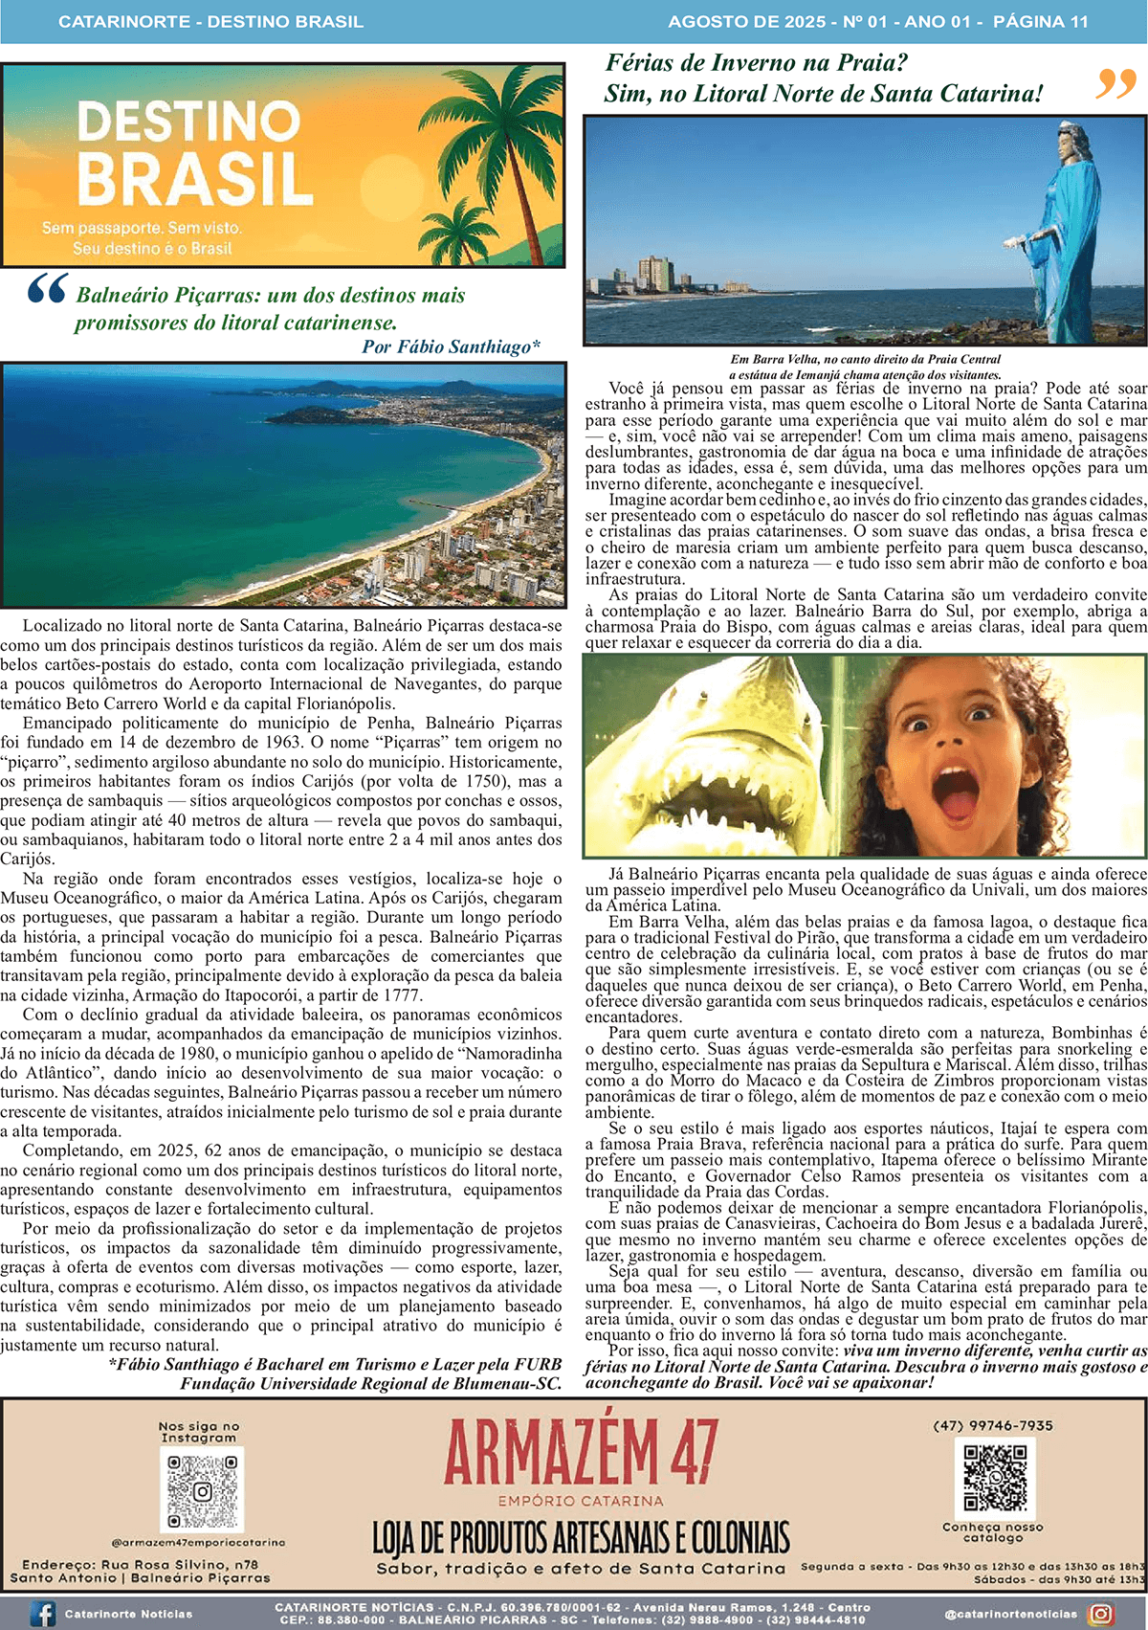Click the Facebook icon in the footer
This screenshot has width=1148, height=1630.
[x=43, y=1614]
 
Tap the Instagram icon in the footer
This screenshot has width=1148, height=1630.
[x=1101, y=1614]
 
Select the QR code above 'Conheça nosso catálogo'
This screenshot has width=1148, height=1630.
[x=995, y=1478]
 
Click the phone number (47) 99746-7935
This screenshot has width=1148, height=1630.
[x=992, y=1425]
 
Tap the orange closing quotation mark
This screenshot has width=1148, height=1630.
[x=1115, y=84]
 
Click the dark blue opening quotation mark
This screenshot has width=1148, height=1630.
[x=48, y=288]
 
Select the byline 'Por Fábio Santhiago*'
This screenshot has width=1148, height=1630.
[x=451, y=346]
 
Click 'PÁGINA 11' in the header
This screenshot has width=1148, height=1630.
[x=1040, y=21]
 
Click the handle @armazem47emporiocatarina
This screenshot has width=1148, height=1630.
[x=198, y=1542]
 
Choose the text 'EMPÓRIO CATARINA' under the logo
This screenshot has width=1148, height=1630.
[x=580, y=1501]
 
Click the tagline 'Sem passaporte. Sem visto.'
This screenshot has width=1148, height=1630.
[x=142, y=229]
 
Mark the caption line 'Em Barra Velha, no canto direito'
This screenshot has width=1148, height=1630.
[x=865, y=359]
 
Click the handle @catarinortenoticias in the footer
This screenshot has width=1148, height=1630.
[x=1010, y=1614]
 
